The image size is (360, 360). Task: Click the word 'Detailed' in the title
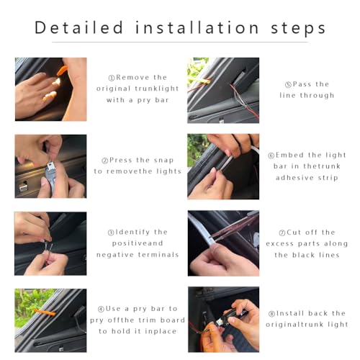79,27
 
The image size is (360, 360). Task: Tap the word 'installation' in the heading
197,27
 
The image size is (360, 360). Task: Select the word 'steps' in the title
298,29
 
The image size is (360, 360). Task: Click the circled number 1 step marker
112,78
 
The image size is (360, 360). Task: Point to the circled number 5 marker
288,84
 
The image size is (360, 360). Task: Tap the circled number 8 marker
271,314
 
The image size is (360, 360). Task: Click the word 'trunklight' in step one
158,89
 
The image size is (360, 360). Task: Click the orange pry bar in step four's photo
45,312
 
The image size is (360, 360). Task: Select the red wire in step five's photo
245,102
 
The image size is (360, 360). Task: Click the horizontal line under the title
180,42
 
